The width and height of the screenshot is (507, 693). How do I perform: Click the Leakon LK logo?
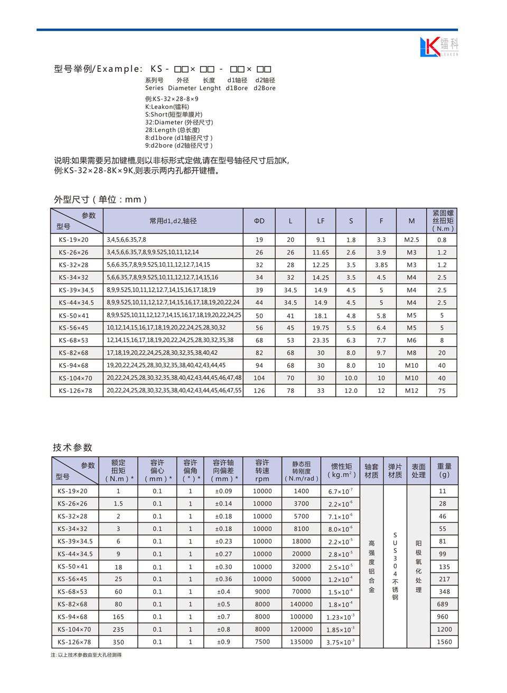(438, 46)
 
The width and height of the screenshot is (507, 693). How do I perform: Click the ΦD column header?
(259, 221)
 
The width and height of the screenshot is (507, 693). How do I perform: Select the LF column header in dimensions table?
(321, 221)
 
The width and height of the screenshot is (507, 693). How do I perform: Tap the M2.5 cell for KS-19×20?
(411, 240)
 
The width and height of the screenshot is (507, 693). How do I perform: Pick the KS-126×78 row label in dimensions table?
(74, 391)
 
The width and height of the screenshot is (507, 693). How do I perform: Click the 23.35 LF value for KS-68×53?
(321, 341)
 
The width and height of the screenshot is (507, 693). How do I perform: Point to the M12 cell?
(411, 391)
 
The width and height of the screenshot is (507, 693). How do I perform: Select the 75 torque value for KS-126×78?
(442, 391)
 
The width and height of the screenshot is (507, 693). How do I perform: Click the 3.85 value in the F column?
(381, 265)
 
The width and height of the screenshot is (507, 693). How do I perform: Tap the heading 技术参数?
(73, 447)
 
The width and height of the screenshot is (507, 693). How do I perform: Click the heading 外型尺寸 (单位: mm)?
(100, 200)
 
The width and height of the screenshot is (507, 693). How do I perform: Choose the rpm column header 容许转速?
(262, 471)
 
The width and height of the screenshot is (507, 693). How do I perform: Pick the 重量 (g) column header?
(444, 471)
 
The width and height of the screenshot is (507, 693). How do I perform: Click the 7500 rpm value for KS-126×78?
(262, 642)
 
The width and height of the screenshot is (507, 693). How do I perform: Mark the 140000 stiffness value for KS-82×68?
(302, 604)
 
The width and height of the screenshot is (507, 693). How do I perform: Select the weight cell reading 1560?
(444, 642)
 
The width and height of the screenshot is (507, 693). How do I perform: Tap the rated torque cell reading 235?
(118, 630)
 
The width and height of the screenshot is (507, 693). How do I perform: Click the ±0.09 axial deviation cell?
(223, 491)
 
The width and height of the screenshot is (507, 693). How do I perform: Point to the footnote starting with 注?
(86, 655)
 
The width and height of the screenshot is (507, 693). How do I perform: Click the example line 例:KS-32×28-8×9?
(172, 99)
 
